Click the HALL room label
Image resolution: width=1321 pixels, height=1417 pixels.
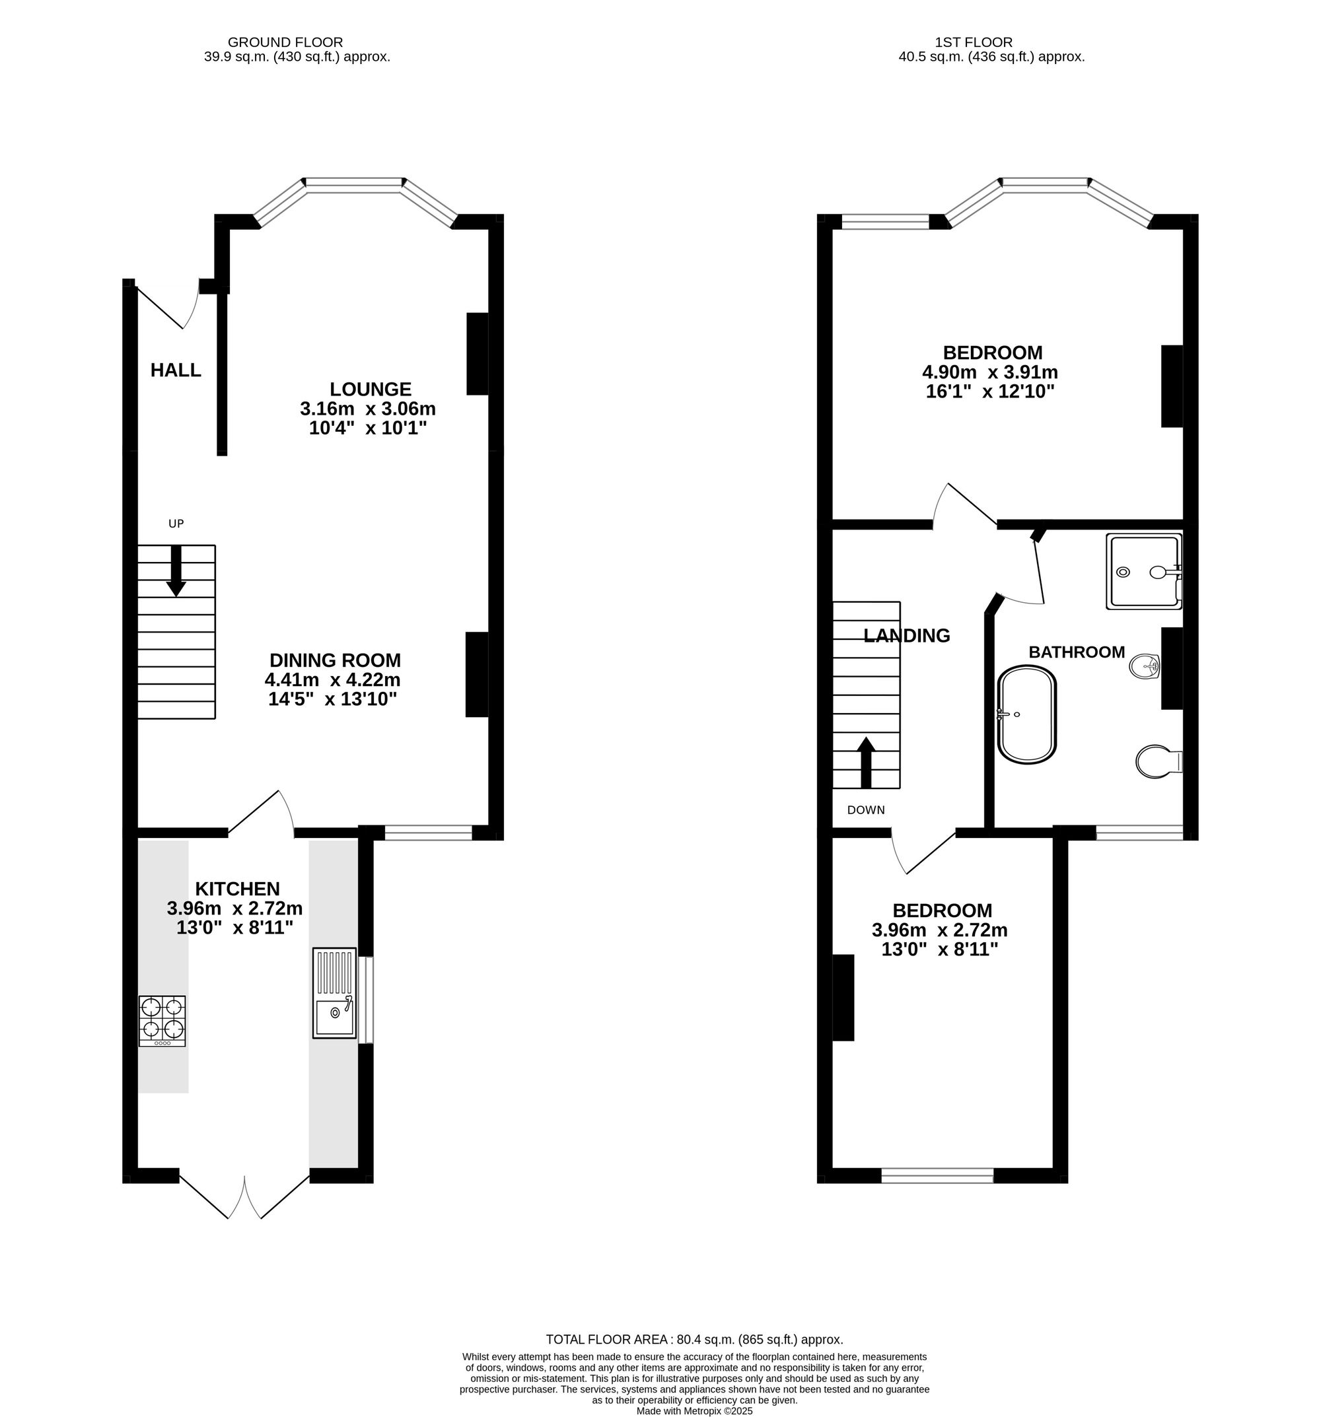(x=176, y=370)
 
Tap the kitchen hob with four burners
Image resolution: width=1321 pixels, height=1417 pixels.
(x=162, y=1020)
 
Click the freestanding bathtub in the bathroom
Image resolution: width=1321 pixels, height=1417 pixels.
(x=1026, y=715)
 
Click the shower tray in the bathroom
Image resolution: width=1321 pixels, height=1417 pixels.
(x=1142, y=572)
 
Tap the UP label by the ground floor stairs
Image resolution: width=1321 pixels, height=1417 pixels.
(x=176, y=524)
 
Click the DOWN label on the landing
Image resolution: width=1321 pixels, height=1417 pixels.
(x=865, y=810)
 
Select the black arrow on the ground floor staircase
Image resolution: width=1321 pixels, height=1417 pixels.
(x=176, y=571)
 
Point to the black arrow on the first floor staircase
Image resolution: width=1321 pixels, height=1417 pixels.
(x=865, y=762)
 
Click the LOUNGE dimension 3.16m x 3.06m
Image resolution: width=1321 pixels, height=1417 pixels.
(x=367, y=409)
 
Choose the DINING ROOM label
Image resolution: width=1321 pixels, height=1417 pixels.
(x=335, y=660)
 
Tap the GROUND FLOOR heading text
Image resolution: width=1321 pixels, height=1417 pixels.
(x=285, y=43)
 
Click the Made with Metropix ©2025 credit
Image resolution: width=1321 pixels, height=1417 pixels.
(x=694, y=1410)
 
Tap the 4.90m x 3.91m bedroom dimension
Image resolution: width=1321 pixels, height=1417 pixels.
(x=989, y=372)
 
